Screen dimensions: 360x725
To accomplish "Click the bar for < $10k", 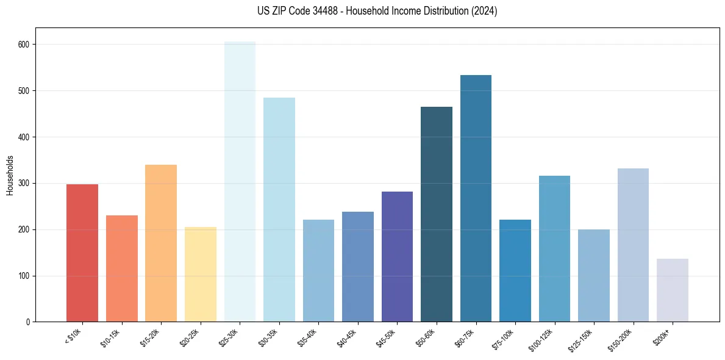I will point(82,253).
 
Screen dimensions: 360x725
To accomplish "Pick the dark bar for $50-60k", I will point(437,214).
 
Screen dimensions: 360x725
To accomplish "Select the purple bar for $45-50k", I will point(397,256).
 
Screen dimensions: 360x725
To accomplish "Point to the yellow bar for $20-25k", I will point(201,274).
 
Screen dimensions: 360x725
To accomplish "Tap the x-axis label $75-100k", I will point(504,337).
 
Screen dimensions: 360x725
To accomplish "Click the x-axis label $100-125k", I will point(542,339).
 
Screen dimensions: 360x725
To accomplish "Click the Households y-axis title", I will point(10,175).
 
